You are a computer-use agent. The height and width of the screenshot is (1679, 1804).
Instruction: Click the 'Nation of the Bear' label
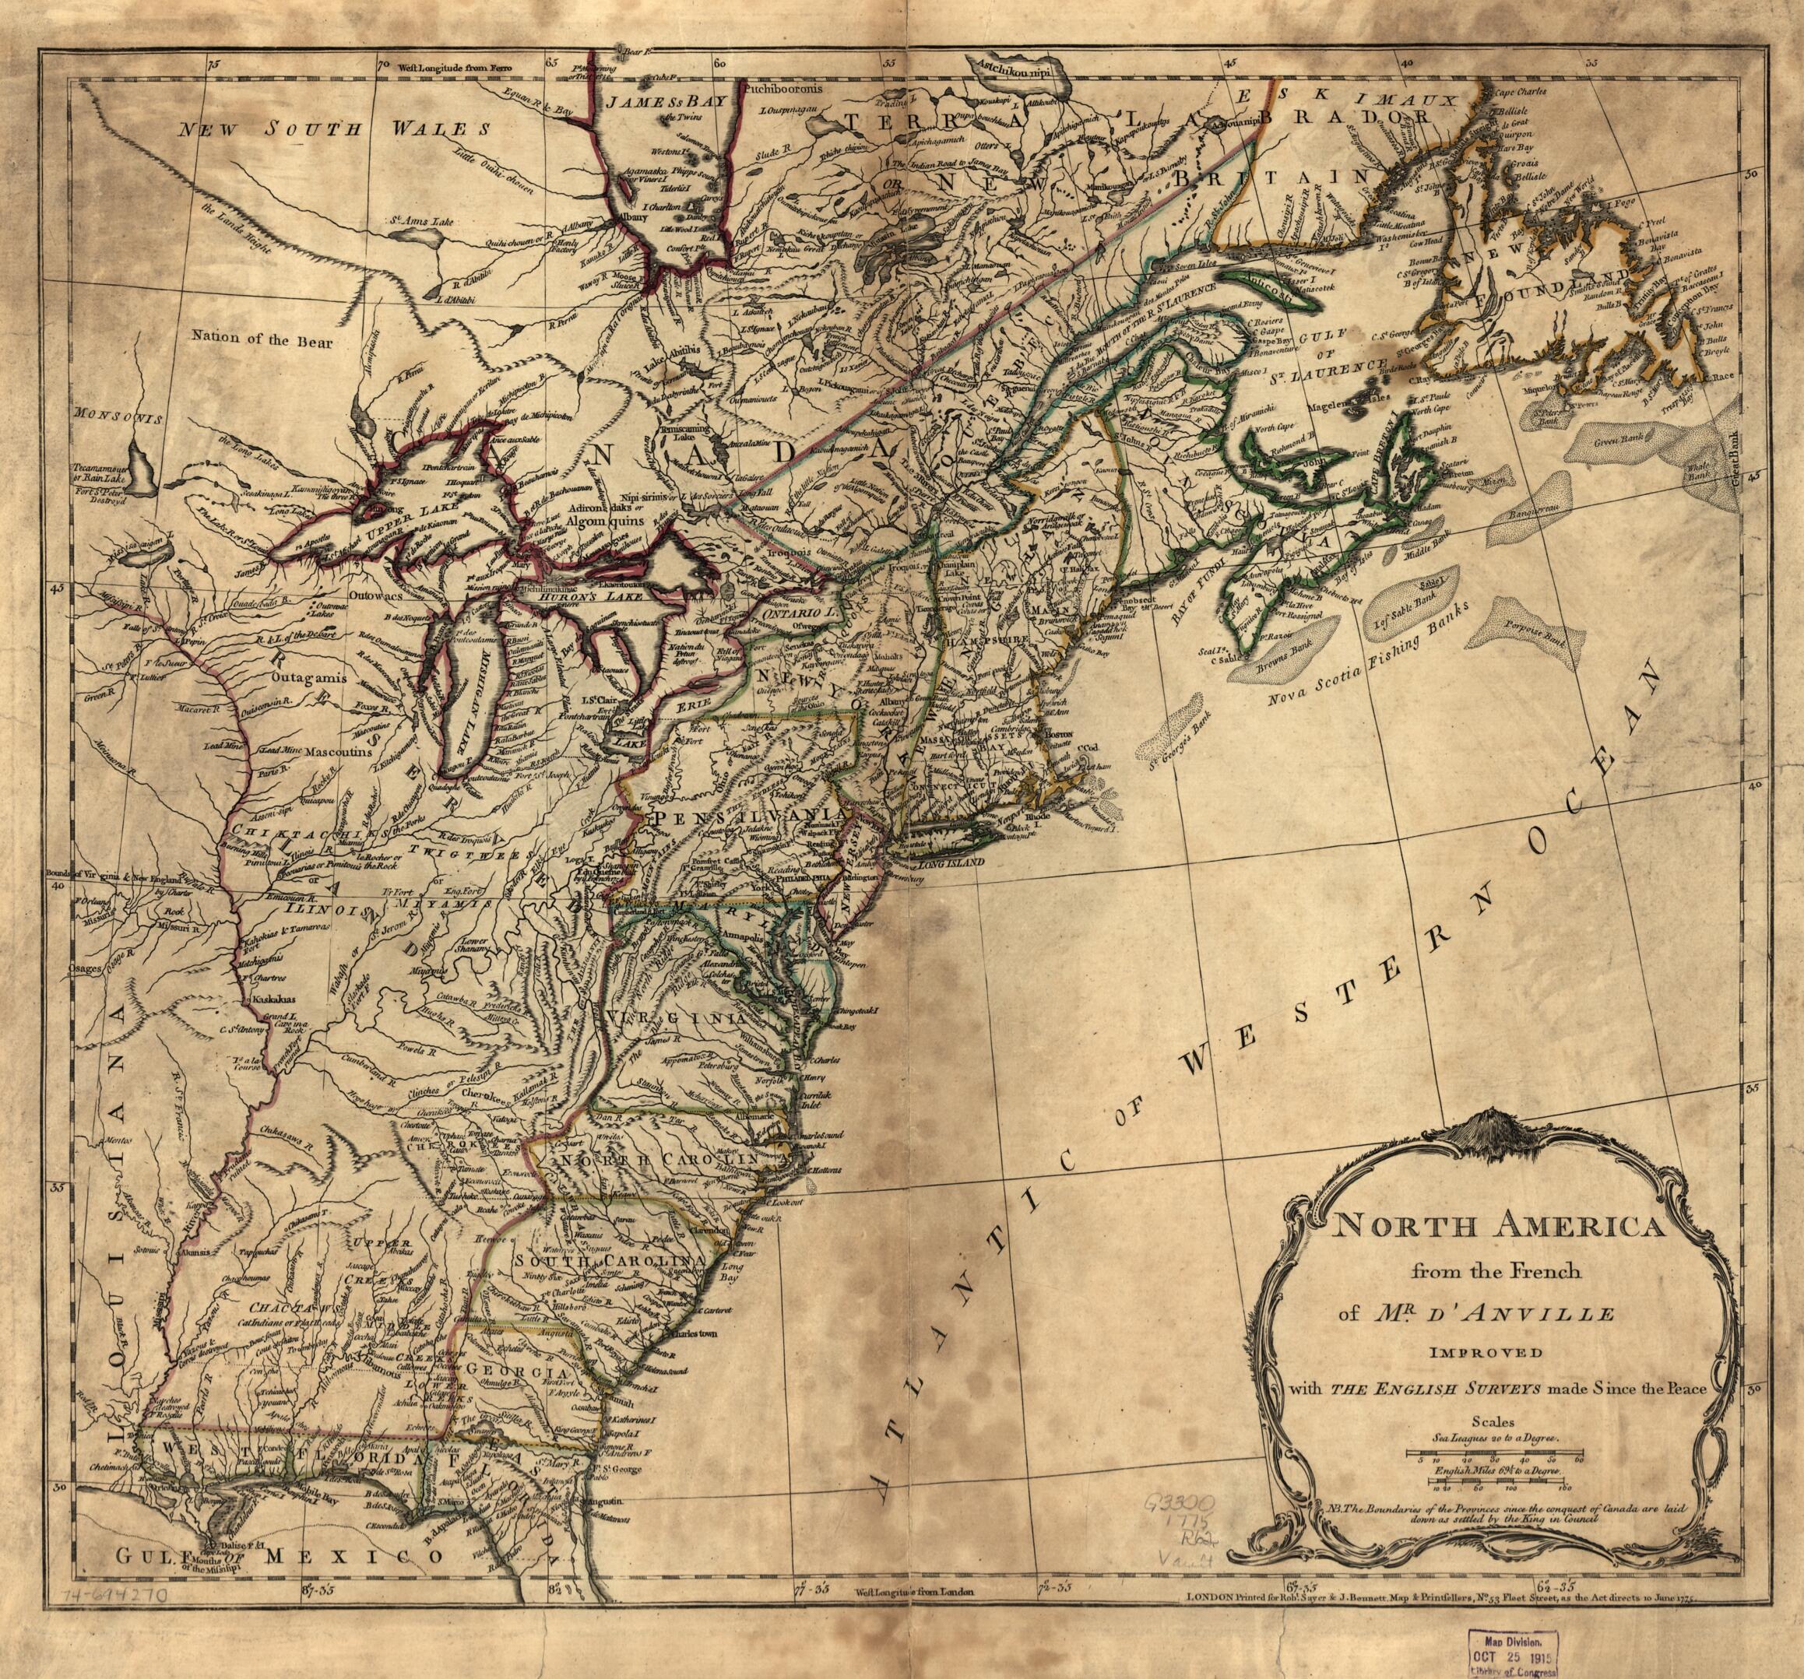pyautogui.click(x=263, y=341)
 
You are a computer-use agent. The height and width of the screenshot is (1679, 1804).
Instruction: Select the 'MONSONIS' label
pyautogui.click(x=118, y=419)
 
